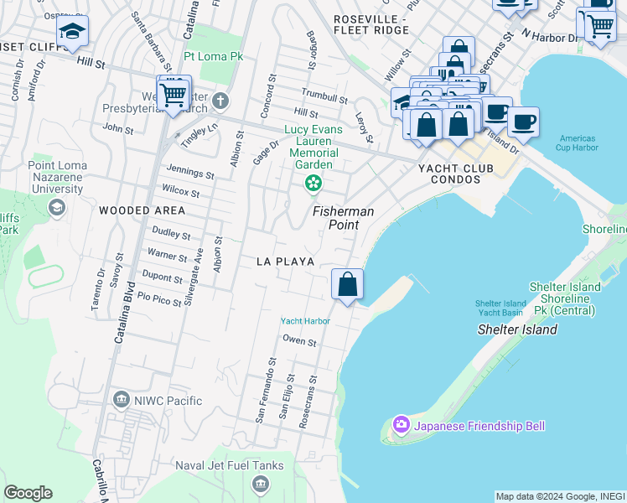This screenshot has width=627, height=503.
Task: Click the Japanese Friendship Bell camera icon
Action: point(402,426)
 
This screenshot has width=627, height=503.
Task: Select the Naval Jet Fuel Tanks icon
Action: point(260,484)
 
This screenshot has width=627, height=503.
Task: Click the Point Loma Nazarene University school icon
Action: point(57,206)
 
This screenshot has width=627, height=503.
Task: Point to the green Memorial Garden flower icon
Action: point(313,182)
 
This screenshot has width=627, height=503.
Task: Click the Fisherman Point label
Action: point(344,219)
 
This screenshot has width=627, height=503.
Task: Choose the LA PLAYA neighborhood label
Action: point(286,262)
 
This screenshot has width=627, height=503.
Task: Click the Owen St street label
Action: point(299,341)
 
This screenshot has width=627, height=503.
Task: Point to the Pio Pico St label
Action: point(159,298)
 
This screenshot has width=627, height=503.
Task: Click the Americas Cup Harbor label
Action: point(576,143)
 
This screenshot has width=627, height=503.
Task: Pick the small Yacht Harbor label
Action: point(304,321)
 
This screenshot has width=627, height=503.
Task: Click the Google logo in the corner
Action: point(28,493)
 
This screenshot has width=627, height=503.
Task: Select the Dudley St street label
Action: point(171,233)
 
